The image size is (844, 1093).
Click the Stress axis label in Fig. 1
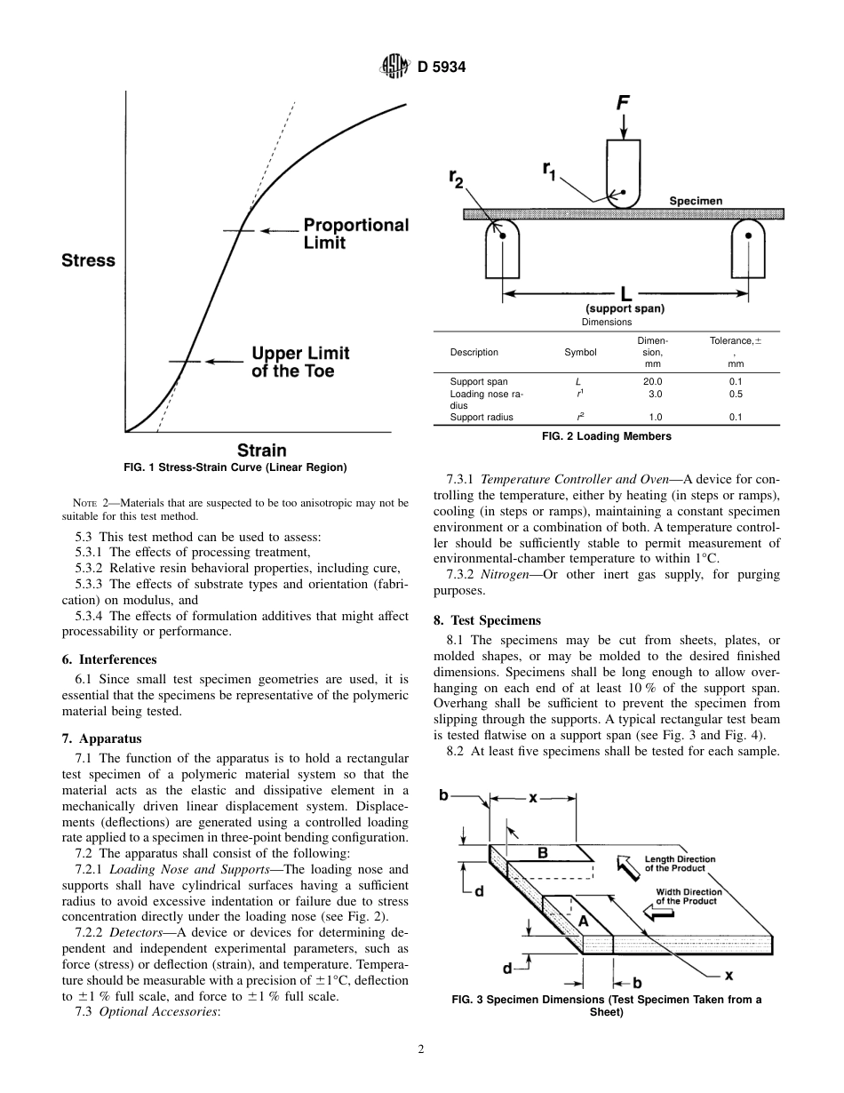point(88,260)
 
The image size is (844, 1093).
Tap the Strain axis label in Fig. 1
point(261,450)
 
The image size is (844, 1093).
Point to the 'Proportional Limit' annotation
point(355,234)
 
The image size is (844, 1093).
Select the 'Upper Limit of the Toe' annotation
point(300,362)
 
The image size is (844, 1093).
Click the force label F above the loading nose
point(624,103)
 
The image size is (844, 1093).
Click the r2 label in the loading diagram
point(456,179)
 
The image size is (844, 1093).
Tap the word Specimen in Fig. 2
point(695,201)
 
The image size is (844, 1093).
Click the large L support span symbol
point(625,292)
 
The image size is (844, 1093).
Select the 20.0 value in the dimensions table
point(652,381)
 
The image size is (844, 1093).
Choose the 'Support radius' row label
point(482,417)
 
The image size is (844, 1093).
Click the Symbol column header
point(580,352)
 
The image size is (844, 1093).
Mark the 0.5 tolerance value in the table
point(735,393)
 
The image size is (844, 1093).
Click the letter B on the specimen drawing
point(543,853)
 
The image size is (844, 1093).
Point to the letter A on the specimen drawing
point(583,921)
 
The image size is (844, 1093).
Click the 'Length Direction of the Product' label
point(680,864)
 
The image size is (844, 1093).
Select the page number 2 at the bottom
point(421,1049)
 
